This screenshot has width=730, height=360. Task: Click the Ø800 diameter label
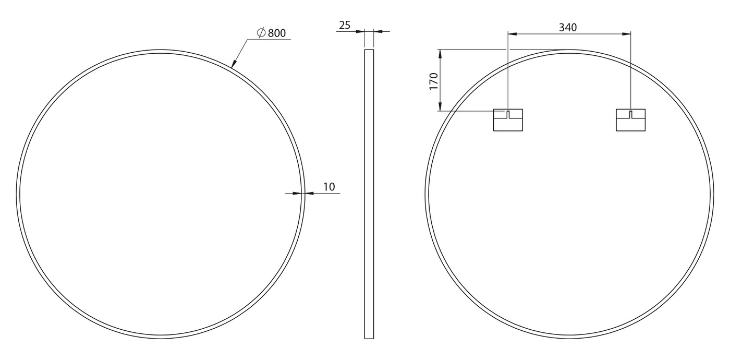(271, 33)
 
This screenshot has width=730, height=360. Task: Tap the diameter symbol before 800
(261, 32)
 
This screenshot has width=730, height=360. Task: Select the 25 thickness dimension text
(345, 25)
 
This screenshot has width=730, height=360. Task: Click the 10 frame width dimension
(329, 187)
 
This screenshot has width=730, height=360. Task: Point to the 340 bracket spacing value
(568, 27)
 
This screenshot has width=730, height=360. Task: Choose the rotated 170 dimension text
(433, 81)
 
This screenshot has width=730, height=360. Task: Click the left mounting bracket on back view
(508, 120)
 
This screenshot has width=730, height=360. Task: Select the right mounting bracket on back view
(630, 120)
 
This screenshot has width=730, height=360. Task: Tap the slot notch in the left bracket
(508, 114)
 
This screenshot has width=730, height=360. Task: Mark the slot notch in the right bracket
(630, 114)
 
